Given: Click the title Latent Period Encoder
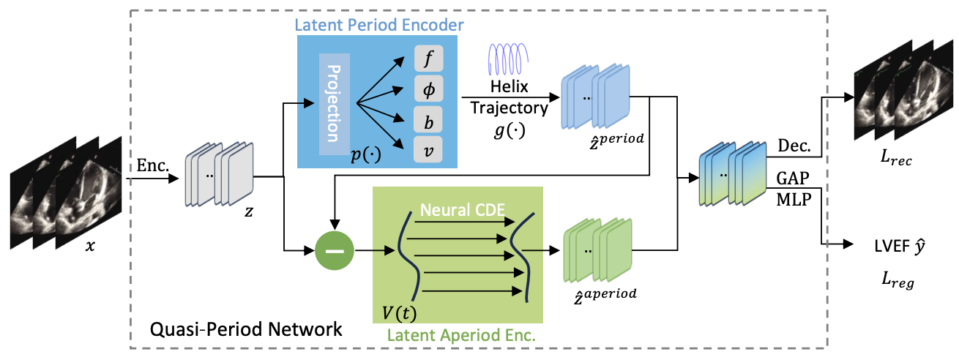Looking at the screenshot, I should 378,26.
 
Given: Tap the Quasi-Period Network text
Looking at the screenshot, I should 245,329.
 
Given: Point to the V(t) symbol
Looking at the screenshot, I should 400,313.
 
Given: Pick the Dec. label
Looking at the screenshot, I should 795,146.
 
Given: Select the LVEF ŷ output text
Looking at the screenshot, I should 902,247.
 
